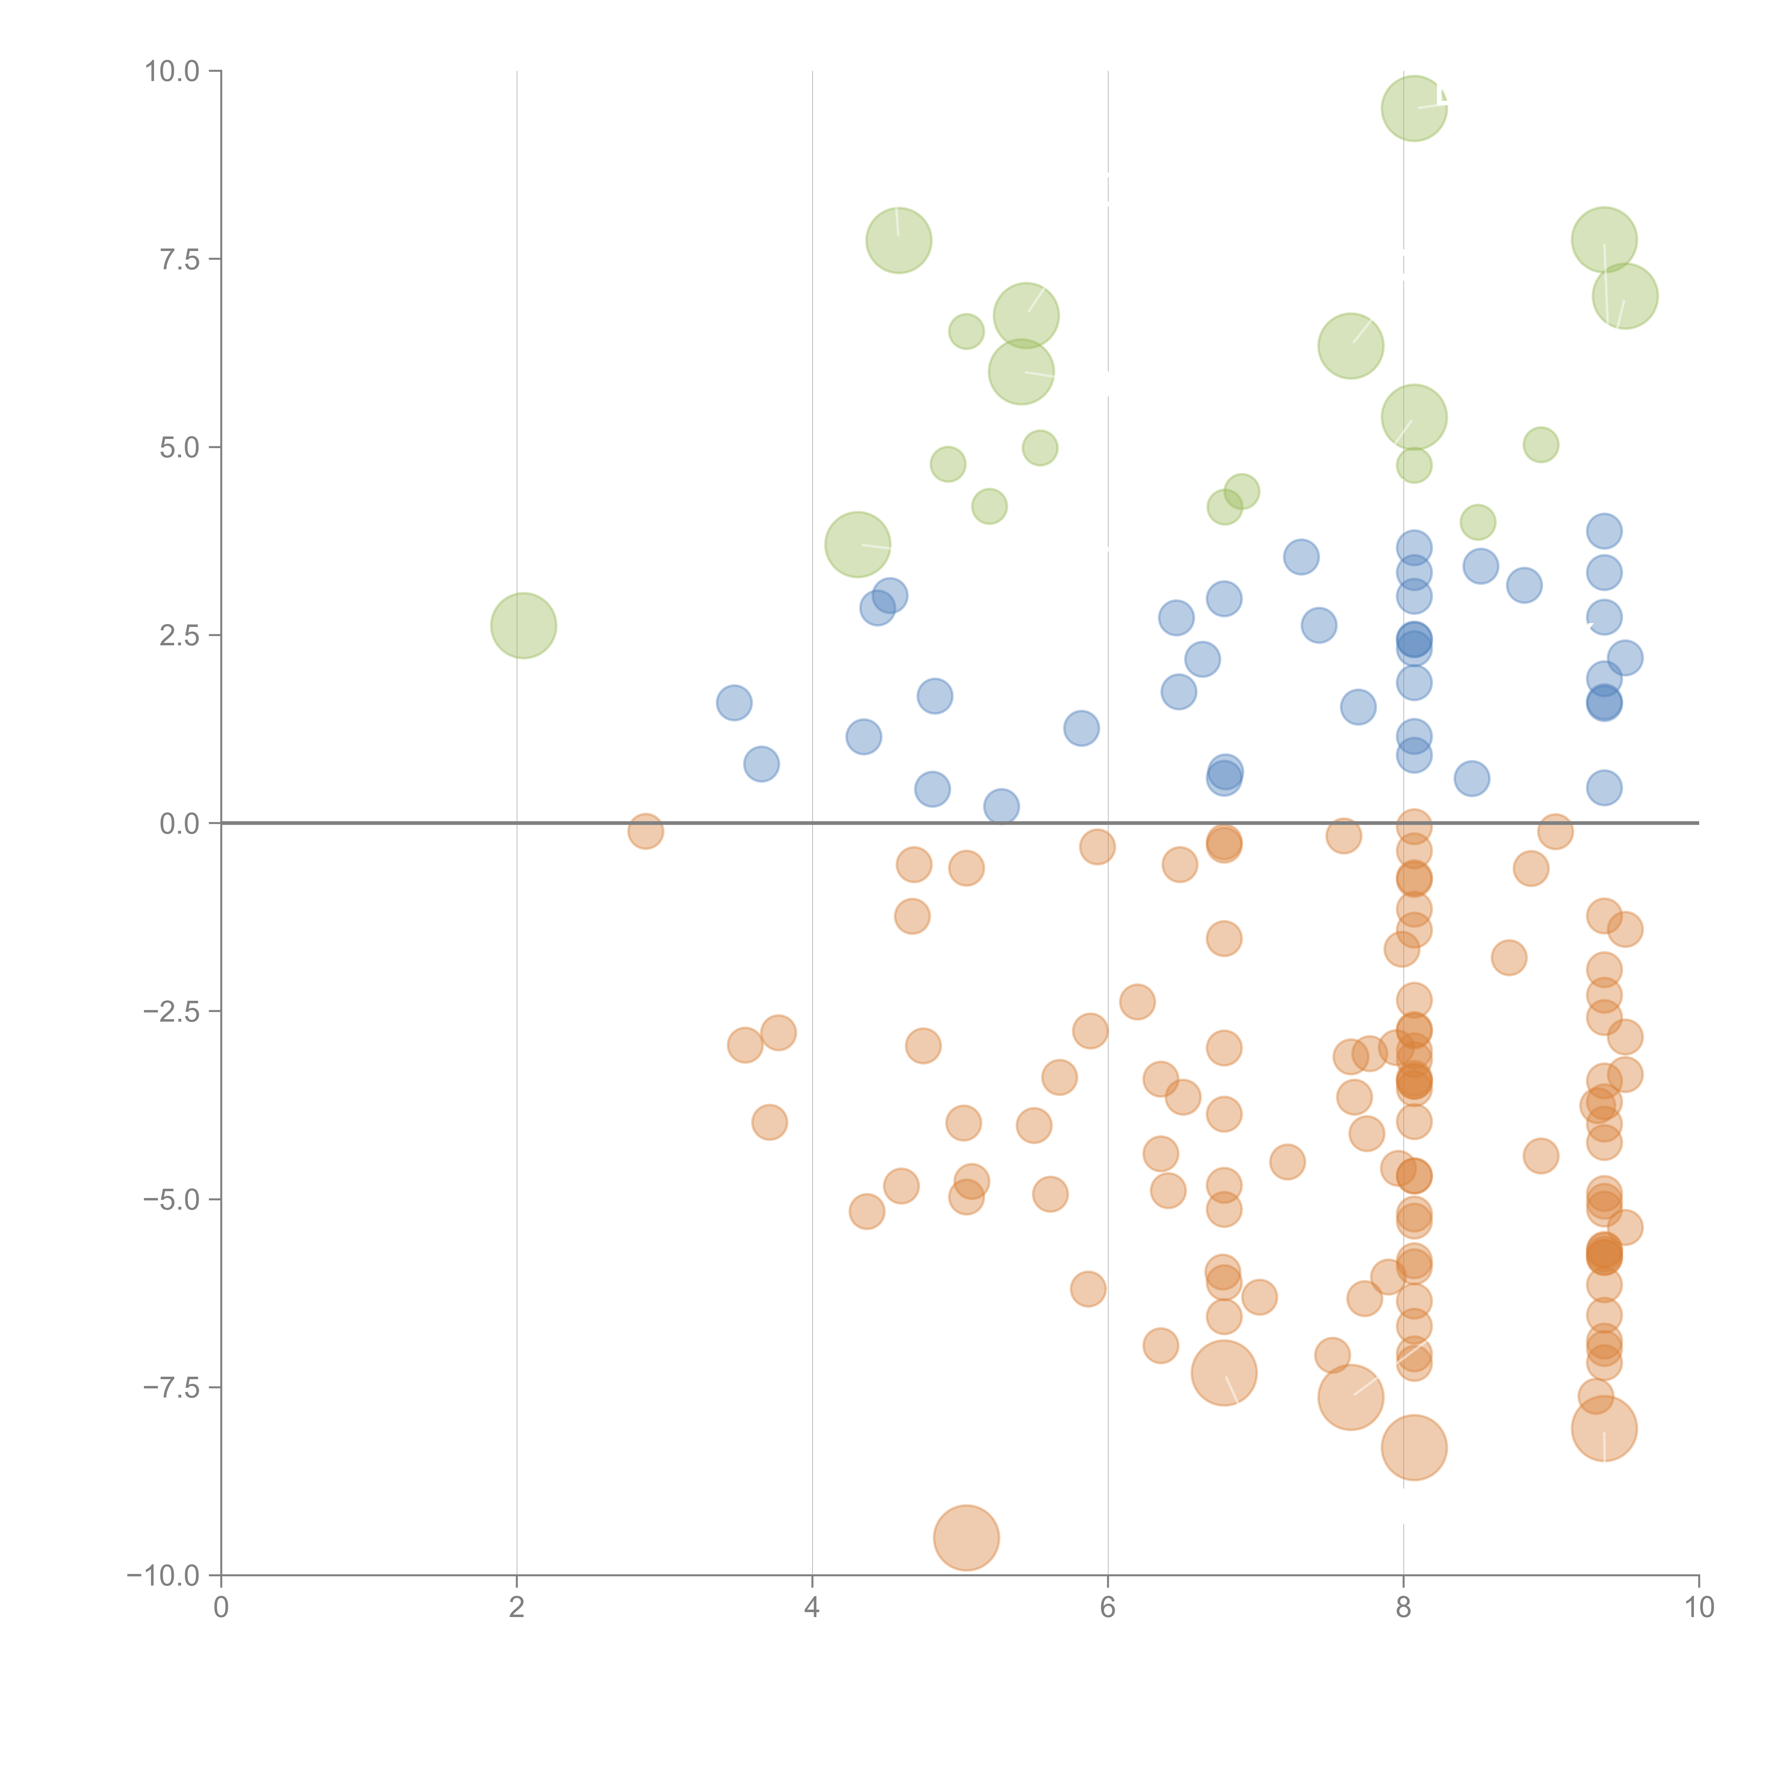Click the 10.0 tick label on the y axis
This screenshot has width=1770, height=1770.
(x=172, y=72)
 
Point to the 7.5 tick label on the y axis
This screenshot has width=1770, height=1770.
(x=179, y=259)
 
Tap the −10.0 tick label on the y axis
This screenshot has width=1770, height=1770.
(x=163, y=1576)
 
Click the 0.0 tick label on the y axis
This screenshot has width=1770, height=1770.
(x=179, y=824)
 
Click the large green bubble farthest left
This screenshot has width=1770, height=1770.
(x=523, y=626)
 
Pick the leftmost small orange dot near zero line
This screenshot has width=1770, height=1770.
(x=646, y=831)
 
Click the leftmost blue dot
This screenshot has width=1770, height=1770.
(x=734, y=703)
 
